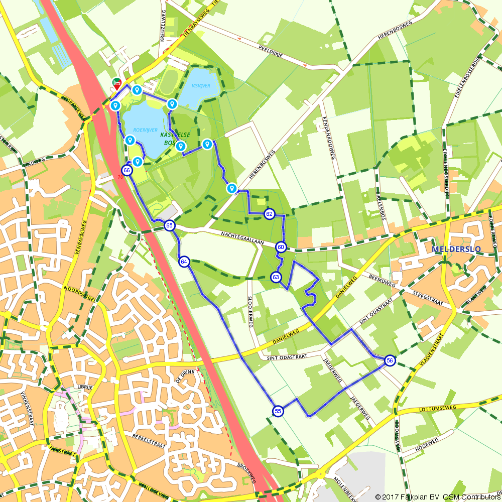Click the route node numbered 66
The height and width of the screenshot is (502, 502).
coord(127,171)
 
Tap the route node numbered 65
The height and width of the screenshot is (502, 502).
coord(170,226)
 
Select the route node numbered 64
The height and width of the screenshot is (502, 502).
coord(184,262)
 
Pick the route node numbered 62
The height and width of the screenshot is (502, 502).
coord(270,214)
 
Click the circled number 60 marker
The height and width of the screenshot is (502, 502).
coord(281,247)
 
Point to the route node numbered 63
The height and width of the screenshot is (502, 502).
coord(276,277)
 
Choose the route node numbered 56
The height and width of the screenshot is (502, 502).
coord(390,360)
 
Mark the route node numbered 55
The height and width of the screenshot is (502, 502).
coord(278,411)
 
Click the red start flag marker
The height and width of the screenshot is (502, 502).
coord(117,83)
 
